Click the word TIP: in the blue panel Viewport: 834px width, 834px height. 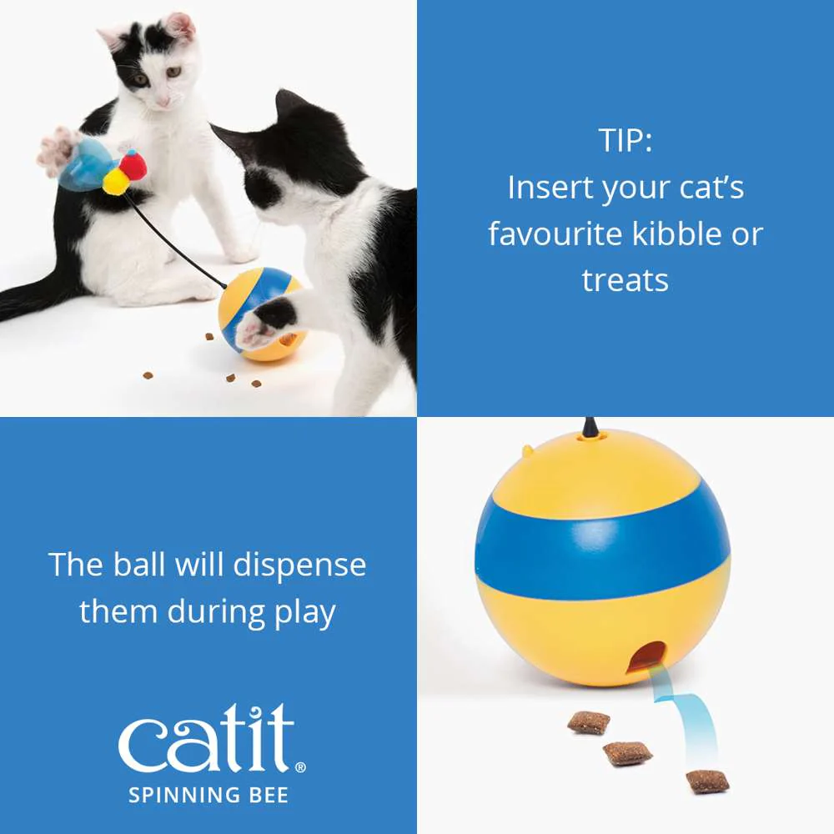click(625, 140)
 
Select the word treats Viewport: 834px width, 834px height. click(625, 281)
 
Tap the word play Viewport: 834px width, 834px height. click(304, 613)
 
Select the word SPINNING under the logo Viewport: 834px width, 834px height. click(183, 796)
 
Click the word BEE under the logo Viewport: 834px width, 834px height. click(269, 796)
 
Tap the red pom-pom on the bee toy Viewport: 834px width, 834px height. click(133, 163)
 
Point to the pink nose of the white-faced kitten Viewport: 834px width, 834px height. click(163, 101)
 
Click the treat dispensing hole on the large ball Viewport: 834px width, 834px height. click(647, 659)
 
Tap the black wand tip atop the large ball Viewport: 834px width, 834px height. click(590, 427)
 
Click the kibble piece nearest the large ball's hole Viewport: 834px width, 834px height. click(589, 721)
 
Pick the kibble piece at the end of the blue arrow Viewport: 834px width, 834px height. click(707, 781)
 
